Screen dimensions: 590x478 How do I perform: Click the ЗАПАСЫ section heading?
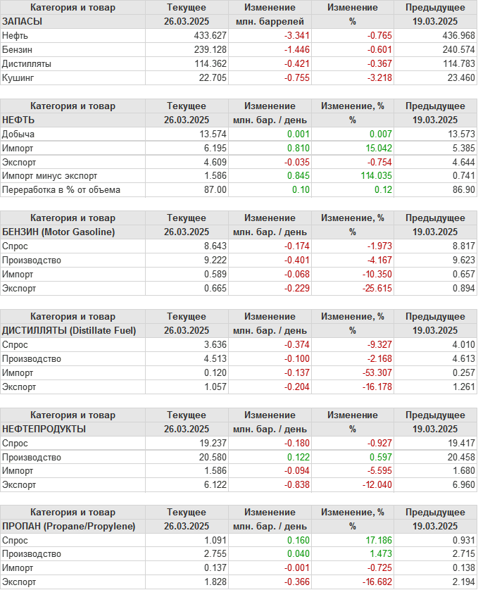coord(23,22)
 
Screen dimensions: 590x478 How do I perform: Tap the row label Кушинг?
coord(18,78)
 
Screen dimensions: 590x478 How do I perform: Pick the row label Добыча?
coord(18,134)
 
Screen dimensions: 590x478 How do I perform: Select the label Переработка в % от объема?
coord(61,189)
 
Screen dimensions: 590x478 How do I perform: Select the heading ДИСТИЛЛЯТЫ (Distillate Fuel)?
coord(69,330)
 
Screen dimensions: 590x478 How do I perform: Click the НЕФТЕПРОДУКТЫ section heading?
coord(44,429)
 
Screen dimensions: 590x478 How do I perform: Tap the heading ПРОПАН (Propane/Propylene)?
coord(68,526)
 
